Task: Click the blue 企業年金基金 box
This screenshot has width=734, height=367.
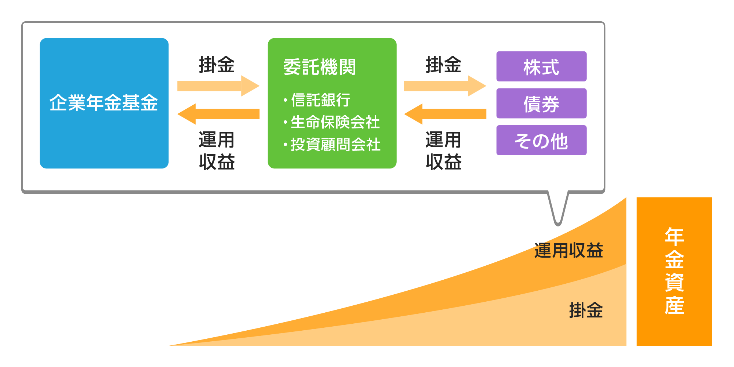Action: point(104,103)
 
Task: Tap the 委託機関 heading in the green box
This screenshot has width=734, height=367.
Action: point(319,67)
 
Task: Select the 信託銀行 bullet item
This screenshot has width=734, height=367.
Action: point(320,100)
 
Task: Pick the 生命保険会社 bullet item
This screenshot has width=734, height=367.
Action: point(335,122)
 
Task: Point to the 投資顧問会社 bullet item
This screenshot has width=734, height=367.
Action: point(335,145)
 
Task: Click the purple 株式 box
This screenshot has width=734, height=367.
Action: point(541,66)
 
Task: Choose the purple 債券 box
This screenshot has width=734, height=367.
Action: point(541,103)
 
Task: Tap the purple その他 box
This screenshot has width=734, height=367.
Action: point(541,141)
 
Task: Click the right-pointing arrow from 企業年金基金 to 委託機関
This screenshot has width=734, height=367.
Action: point(218,86)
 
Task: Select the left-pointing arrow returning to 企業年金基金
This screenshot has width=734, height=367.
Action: point(218,114)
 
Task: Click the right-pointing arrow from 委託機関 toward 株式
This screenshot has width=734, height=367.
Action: point(445,86)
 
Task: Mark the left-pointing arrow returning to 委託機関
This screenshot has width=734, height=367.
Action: point(445,114)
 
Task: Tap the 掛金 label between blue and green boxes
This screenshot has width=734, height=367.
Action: point(217,65)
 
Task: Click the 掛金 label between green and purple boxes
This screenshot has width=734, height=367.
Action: point(443,65)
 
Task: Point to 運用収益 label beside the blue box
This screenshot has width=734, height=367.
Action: point(217,151)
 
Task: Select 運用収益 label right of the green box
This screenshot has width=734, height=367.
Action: point(443,151)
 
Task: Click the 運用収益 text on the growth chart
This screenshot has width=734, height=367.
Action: point(568,251)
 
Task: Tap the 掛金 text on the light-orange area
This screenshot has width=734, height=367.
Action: point(586,310)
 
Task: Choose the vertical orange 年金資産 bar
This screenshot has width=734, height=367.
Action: point(674,272)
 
